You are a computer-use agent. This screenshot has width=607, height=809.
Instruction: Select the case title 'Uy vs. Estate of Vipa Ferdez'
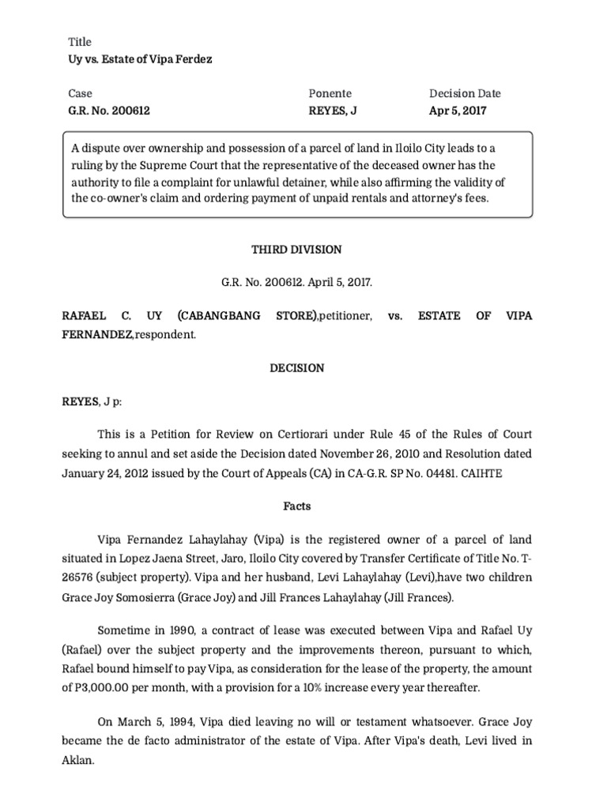pyautogui.click(x=139, y=59)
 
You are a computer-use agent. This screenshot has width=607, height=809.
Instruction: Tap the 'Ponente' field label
pyautogui.click(x=330, y=93)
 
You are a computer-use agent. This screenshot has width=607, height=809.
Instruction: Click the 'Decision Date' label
pyautogui.click(x=465, y=93)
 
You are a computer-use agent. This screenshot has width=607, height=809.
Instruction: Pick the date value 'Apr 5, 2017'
pyautogui.click(x=458, y=111)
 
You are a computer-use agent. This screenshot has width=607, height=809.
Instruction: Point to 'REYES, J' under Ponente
pyautogui.click(x=333, y=111)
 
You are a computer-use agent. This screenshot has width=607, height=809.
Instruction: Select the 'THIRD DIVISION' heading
pyautogui.click(x=296, y=249)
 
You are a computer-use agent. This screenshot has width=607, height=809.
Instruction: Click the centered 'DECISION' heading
pyautogui.click(x=296, y=367)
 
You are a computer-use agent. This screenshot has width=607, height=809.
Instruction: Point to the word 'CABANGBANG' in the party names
pyautogui.click(x=219, y=316)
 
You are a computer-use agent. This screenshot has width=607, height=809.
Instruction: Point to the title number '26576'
pyautogui.click(x=81, y=578)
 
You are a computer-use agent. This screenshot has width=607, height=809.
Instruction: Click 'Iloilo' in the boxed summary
pyautogui.click(x=435, y=148)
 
